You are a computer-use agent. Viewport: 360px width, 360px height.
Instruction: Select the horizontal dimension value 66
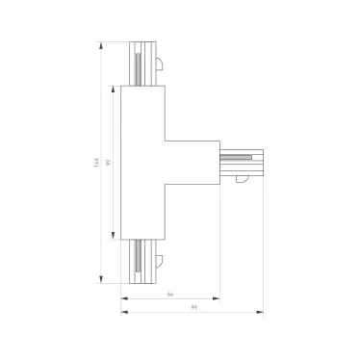pyautogui.click(x=169, y=294)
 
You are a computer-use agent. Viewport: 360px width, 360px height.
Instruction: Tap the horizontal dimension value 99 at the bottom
pyautogui.click(x=193, y=307)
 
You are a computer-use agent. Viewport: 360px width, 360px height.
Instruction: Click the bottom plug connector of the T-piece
pyautogui.click(x=141, y=262)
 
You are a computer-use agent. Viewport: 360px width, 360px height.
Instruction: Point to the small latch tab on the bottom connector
pyautogui.click(x=163, y=260)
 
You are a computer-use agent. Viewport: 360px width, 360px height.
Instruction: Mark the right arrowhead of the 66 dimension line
pyautogui.click(x=218, y=298)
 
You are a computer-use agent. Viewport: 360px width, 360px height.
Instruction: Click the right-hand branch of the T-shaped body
pyautogui.click(x=193, y=163)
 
